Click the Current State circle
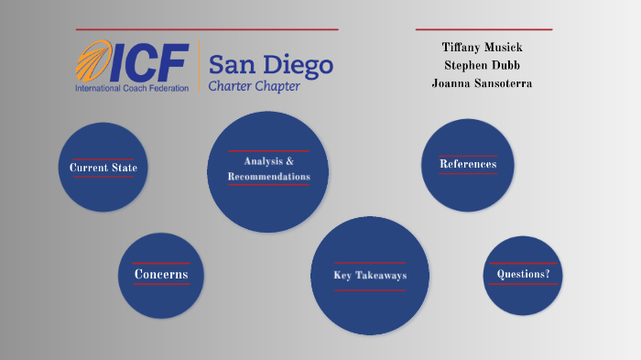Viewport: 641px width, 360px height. coord(103,168)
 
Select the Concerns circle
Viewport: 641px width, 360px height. coord(161,275)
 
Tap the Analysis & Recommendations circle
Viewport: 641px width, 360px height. coord(268,170)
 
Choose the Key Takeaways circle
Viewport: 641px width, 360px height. coord(370,276)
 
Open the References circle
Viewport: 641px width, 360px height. coord(467,165)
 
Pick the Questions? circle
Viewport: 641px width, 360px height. coord(522,275)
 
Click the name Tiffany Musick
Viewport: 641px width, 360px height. coord(483,47)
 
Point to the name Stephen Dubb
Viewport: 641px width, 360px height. coord(482,65)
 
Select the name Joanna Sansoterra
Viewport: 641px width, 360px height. coord(482,83)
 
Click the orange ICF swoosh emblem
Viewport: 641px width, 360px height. coord(94,62)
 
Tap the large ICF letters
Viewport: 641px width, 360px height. coord(150,62)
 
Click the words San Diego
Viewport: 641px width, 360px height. coord(270,64)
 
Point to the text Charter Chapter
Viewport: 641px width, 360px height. coord(254,87)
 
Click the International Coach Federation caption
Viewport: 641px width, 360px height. coord(132,88)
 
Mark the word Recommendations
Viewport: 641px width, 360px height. coord(269,176)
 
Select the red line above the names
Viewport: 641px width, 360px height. coord(483,29)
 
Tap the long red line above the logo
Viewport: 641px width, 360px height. coord(207,29)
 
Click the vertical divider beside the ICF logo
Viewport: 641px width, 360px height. coord(199,67)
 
